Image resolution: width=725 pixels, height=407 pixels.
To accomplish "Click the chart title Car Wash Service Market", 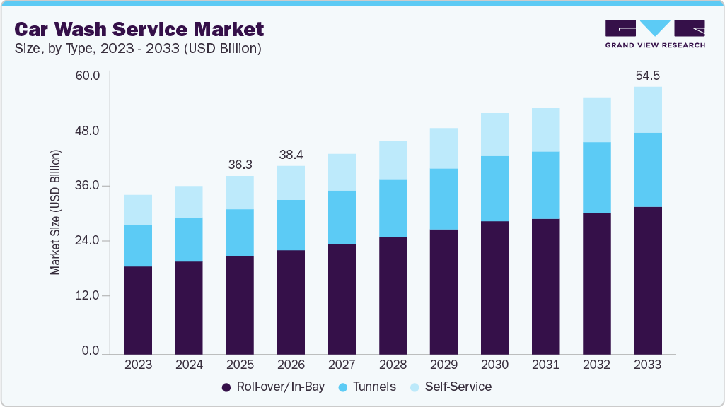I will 139,29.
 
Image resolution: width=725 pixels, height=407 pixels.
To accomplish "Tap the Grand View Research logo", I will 654,33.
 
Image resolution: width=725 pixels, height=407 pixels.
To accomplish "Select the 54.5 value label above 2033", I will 647,75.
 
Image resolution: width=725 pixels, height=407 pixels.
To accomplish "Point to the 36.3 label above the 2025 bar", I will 240,164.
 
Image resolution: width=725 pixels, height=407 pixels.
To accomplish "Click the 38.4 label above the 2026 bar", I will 291,153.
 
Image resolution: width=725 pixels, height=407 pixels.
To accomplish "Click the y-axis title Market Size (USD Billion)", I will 55,212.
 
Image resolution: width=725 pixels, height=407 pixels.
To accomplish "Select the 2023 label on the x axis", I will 138,365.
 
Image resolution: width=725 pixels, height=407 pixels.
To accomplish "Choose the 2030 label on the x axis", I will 494,365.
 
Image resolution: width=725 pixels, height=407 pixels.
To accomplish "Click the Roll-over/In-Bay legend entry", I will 265,387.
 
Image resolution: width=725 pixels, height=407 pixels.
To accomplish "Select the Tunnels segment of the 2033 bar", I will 647,170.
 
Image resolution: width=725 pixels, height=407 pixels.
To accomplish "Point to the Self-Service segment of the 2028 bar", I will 393,160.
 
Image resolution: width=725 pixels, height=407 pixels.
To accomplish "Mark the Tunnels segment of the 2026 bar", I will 291,225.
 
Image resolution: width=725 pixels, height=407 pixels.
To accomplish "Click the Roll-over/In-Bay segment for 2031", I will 545,286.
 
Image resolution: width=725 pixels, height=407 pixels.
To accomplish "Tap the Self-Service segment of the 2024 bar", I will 189,201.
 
